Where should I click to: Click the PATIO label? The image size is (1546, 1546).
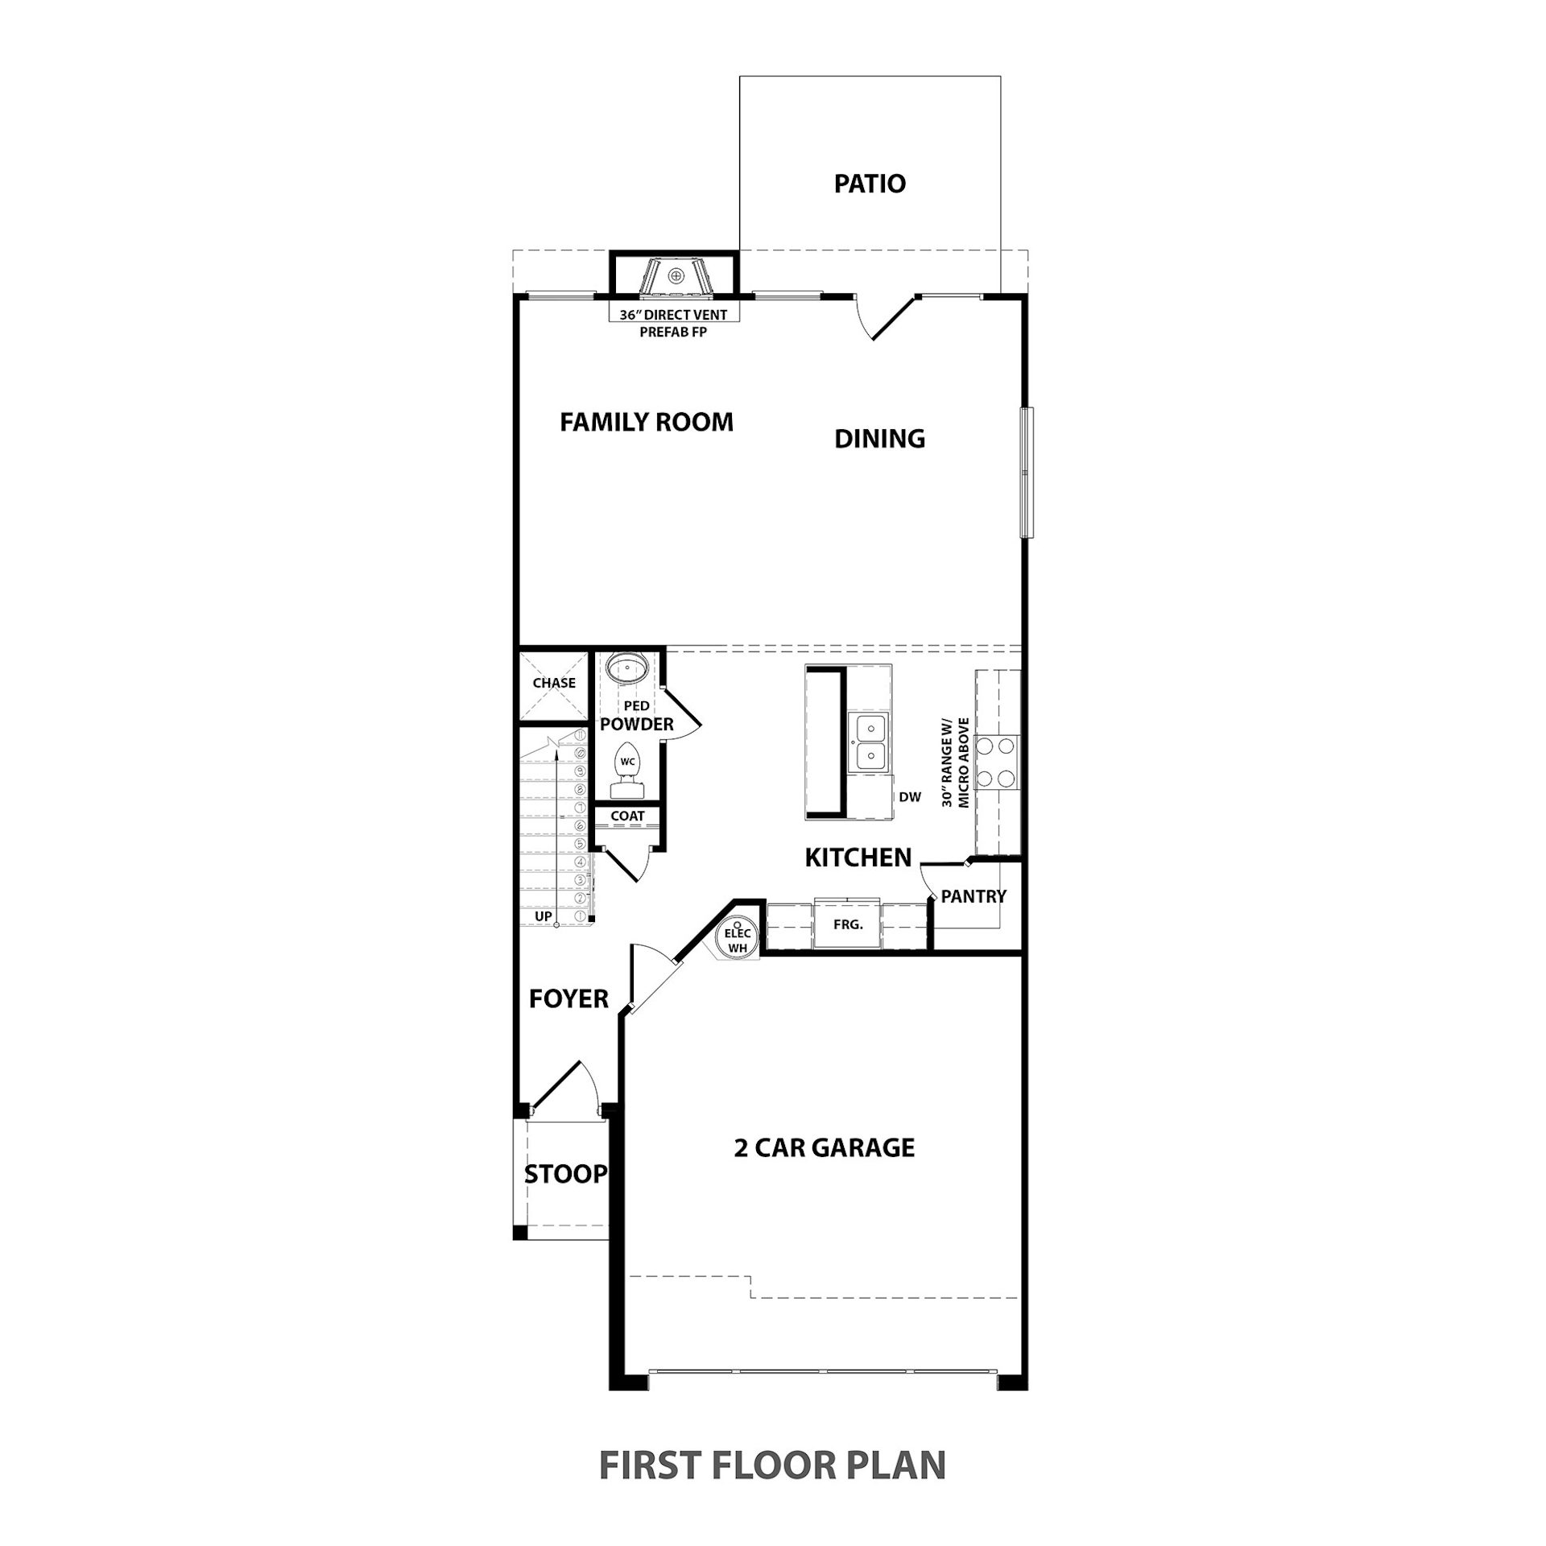pos(870,184)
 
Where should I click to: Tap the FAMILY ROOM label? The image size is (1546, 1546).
pos(647,422)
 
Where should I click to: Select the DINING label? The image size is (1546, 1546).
pos(879,439)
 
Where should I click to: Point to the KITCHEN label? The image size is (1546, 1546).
pos(858,858)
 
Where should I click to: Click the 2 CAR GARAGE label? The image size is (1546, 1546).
pos(825,1147)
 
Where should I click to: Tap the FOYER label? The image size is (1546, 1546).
pos(568,999)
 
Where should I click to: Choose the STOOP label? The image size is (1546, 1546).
pos(566,1174)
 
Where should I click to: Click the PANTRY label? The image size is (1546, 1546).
pos(973,896)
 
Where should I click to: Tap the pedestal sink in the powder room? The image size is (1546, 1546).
pos(627,668)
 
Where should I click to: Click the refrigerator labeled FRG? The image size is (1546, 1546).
pos(847,924)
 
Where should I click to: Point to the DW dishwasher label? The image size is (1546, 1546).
pos(910,797)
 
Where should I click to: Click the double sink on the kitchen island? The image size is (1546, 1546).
pos(870,742)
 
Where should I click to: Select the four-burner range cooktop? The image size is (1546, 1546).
pos(996,763)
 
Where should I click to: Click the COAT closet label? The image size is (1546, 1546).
pos(627,816)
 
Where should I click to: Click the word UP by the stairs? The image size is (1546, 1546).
pos(544,916)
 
